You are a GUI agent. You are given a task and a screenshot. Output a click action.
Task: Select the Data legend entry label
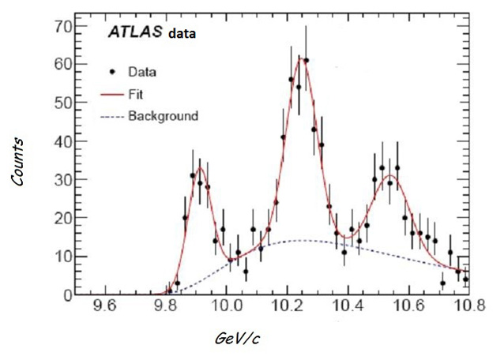coord(142,72)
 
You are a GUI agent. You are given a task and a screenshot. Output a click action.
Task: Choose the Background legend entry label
coord(163,116)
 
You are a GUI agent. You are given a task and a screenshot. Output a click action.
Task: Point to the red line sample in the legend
coord(113,94)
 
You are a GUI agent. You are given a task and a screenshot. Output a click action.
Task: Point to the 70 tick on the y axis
coord(63,26)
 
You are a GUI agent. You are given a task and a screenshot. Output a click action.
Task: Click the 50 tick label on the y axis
coord(63,103)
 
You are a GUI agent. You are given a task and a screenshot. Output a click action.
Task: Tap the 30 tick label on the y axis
coord(63,179)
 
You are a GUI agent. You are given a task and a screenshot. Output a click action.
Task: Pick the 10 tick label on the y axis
coord(63,257)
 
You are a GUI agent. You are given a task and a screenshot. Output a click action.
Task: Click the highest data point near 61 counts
coord(306,60)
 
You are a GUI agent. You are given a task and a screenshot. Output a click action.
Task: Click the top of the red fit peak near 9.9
coord(201,167)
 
